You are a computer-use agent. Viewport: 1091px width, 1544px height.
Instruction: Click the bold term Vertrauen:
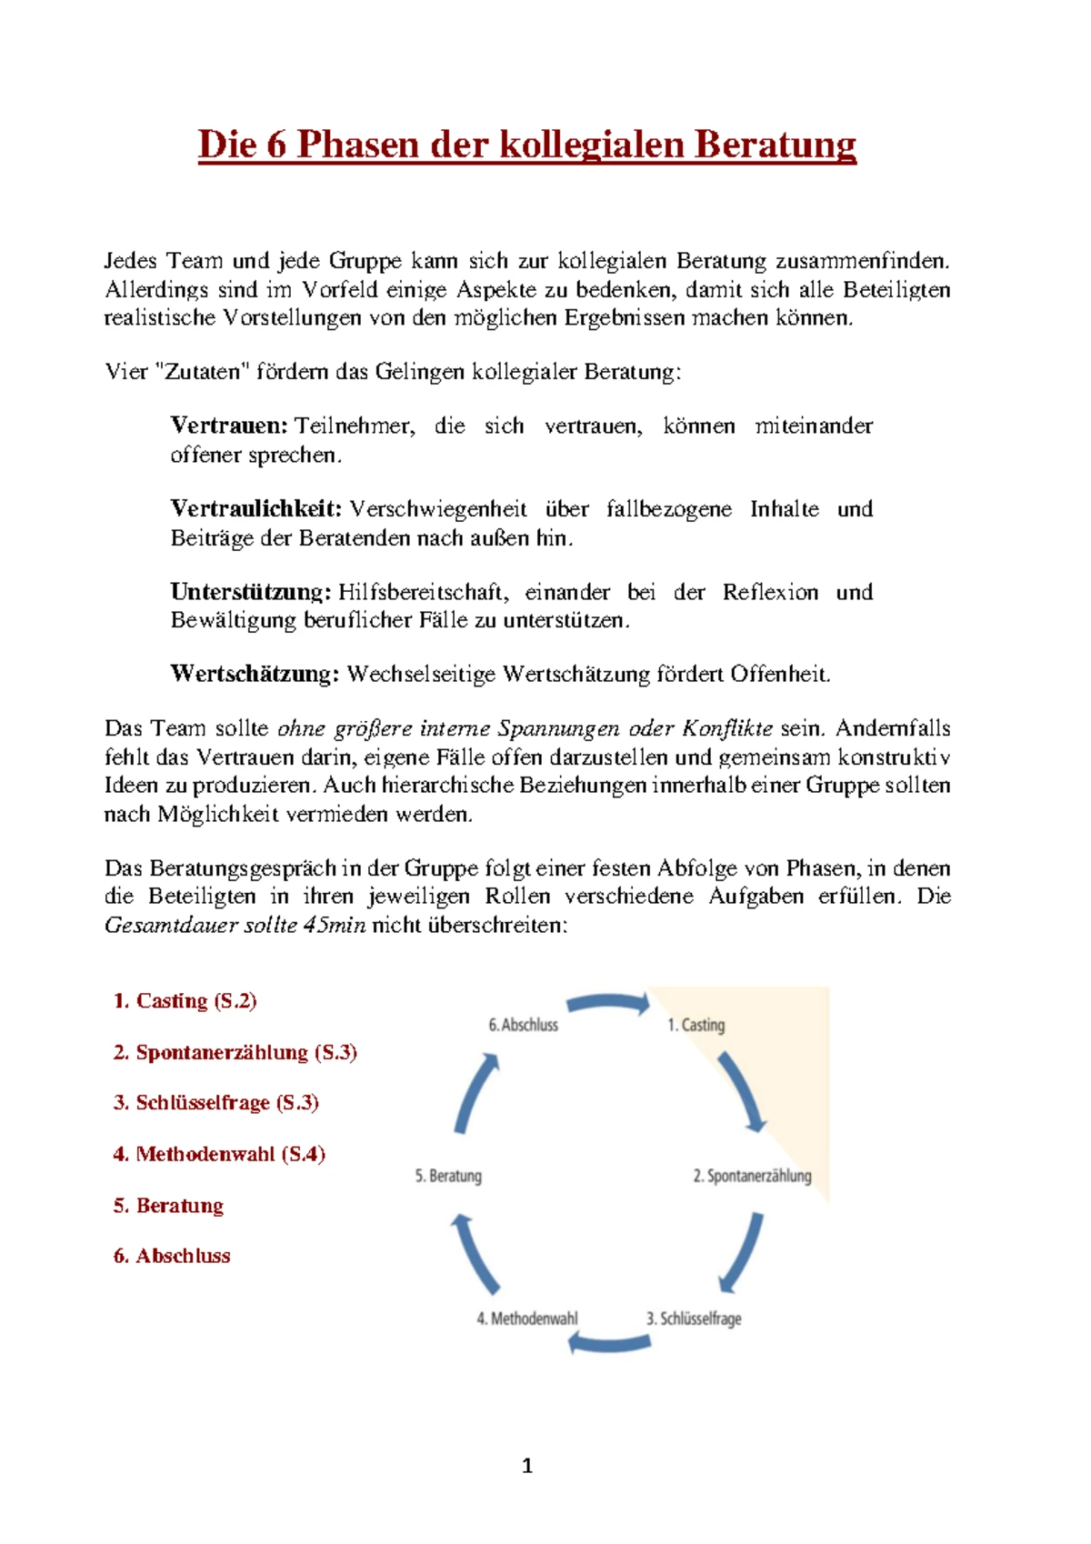(229, 426)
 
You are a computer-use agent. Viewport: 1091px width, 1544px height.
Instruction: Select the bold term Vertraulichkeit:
(255, 509)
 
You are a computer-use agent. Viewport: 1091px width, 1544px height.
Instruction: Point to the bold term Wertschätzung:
(255, 674)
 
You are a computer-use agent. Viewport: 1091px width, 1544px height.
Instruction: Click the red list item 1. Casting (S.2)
(185, 1001)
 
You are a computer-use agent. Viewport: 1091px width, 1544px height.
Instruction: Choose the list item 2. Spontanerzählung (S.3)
(235, 1053)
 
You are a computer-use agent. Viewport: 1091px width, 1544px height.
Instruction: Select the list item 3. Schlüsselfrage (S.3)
(215, 1103)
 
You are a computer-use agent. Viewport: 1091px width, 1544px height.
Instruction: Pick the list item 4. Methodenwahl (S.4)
(219, 1155)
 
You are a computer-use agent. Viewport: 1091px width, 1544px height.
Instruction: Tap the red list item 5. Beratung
(168, 1206)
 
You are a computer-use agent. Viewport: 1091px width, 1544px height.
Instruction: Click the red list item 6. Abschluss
(172, 1257)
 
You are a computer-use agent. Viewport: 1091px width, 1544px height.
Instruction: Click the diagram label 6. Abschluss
(523, 1025)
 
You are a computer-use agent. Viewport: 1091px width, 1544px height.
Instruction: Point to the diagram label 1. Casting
(696, 1025)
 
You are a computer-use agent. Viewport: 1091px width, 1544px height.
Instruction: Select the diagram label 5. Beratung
(448, 1176)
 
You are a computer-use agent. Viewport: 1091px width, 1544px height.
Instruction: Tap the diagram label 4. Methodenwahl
(526, 1318)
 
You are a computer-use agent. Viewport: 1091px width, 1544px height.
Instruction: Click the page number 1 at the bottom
(527, 1466)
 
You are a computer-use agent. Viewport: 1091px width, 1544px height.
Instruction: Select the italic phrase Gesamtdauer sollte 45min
(235, 926)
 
